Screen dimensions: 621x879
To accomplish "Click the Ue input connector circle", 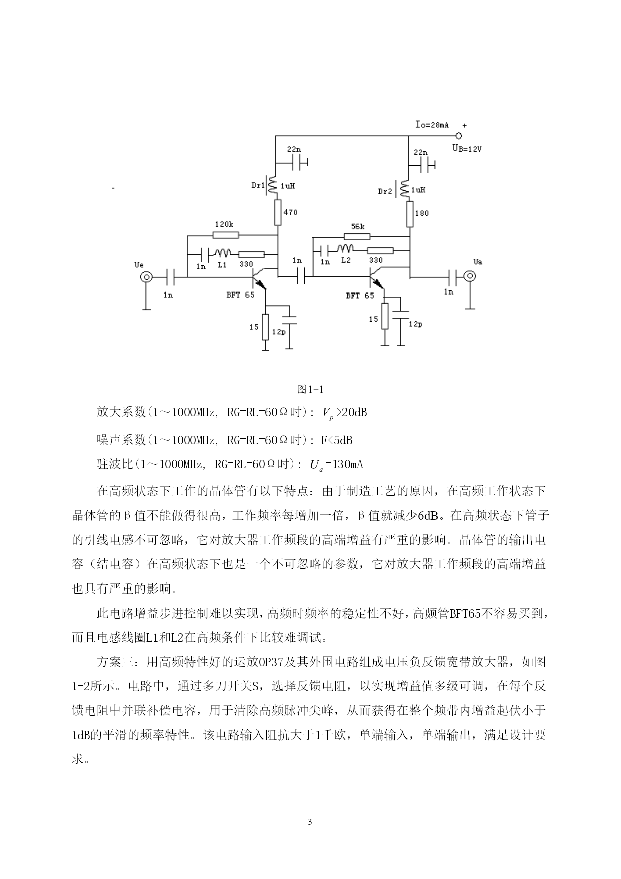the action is click(x=146, y=277).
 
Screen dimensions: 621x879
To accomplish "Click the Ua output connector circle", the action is click(x=470, y=276).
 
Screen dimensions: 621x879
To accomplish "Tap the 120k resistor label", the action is click(x=224, y=224).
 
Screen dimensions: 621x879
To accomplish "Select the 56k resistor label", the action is click(x=357, y=226).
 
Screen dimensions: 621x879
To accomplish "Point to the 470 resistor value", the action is click(x=290, y=212).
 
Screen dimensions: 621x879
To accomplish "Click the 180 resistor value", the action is click(x=422, y=213).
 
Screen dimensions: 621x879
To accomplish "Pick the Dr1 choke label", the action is click(x=258, y=185).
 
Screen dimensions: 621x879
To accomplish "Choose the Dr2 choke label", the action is click(x=385, y=191).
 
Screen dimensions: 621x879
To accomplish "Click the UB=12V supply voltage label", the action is click(x=466, y=148).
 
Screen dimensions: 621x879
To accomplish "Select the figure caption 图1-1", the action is click(x=311, y=389).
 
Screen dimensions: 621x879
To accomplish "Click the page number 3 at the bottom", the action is click(x=310, y=822).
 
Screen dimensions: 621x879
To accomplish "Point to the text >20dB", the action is click(x=352, y=412).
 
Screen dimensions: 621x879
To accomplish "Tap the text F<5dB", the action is click(x=337, y=440).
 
